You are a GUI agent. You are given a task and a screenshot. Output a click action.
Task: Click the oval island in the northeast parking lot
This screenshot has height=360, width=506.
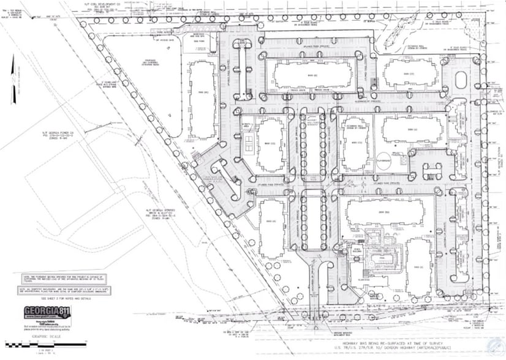(462, 77)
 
